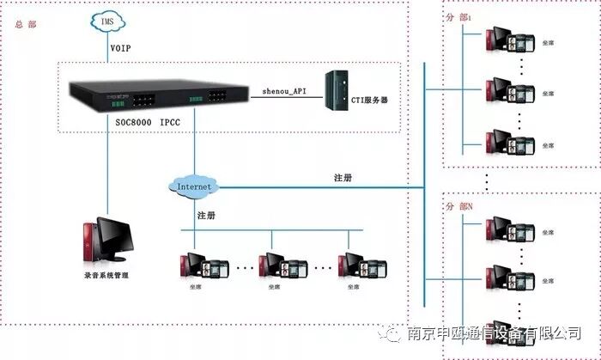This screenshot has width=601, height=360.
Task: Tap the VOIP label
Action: (x=120, y=48)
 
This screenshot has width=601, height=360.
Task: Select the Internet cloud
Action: (x=193, y=186)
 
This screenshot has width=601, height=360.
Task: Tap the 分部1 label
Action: (x=459, y=16)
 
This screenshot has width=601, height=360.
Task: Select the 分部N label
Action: (x=459, y=206)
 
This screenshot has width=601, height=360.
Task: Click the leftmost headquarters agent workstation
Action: (x=202, y=266)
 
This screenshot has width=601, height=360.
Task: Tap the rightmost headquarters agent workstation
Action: (x=360, y=266)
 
